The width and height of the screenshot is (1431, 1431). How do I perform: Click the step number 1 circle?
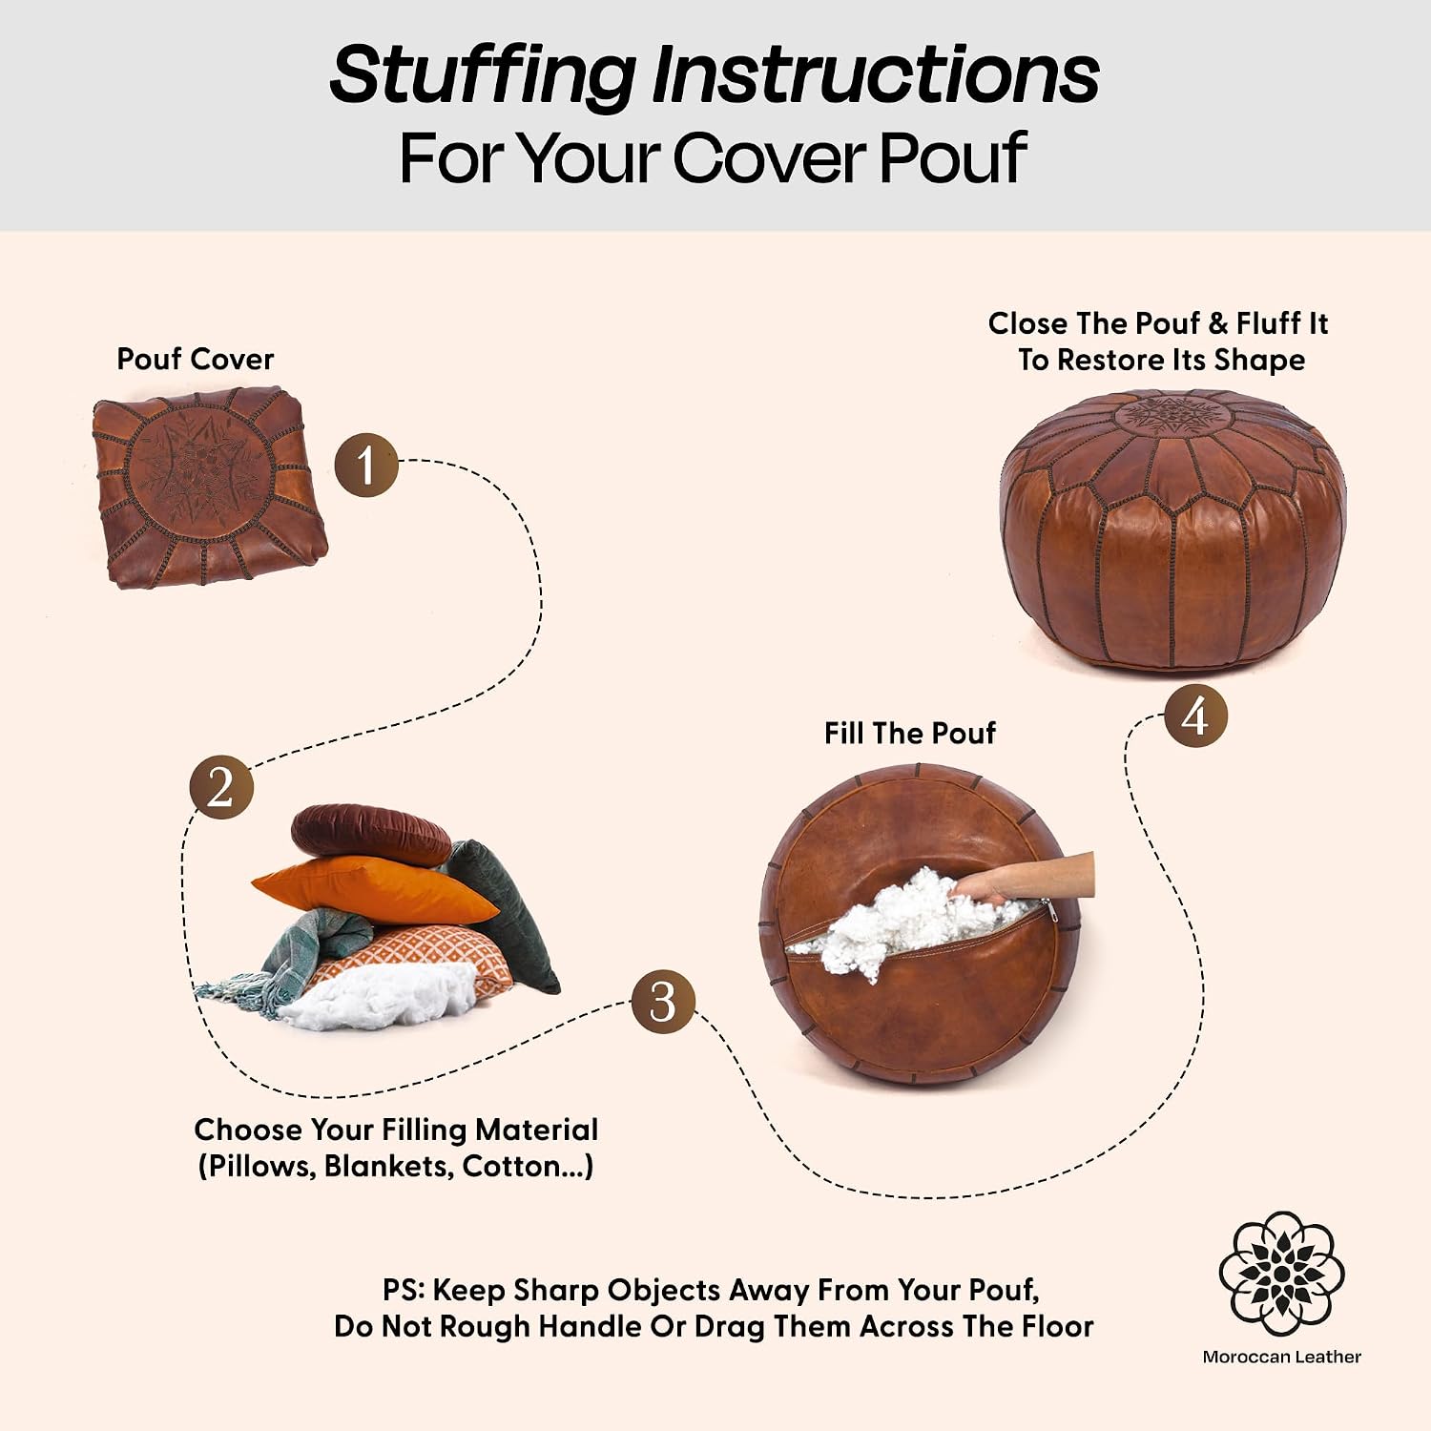(366, 465)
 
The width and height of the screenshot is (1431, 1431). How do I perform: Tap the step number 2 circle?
(221, 787)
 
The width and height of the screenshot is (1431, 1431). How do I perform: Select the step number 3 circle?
(663, 1001)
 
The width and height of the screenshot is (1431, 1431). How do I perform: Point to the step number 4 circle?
(1195, 715)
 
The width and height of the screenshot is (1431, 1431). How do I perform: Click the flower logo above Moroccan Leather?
(1281, 1274)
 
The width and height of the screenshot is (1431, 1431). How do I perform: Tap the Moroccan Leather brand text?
(1281, 1357)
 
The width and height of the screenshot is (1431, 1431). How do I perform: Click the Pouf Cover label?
(195, 360)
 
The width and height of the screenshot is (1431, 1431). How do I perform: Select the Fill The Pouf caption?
(909, 733)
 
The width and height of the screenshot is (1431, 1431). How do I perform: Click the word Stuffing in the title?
(482, 76)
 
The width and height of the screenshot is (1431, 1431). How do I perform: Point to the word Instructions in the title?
(876, 74)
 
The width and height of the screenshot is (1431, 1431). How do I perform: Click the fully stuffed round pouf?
(1173, 530)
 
